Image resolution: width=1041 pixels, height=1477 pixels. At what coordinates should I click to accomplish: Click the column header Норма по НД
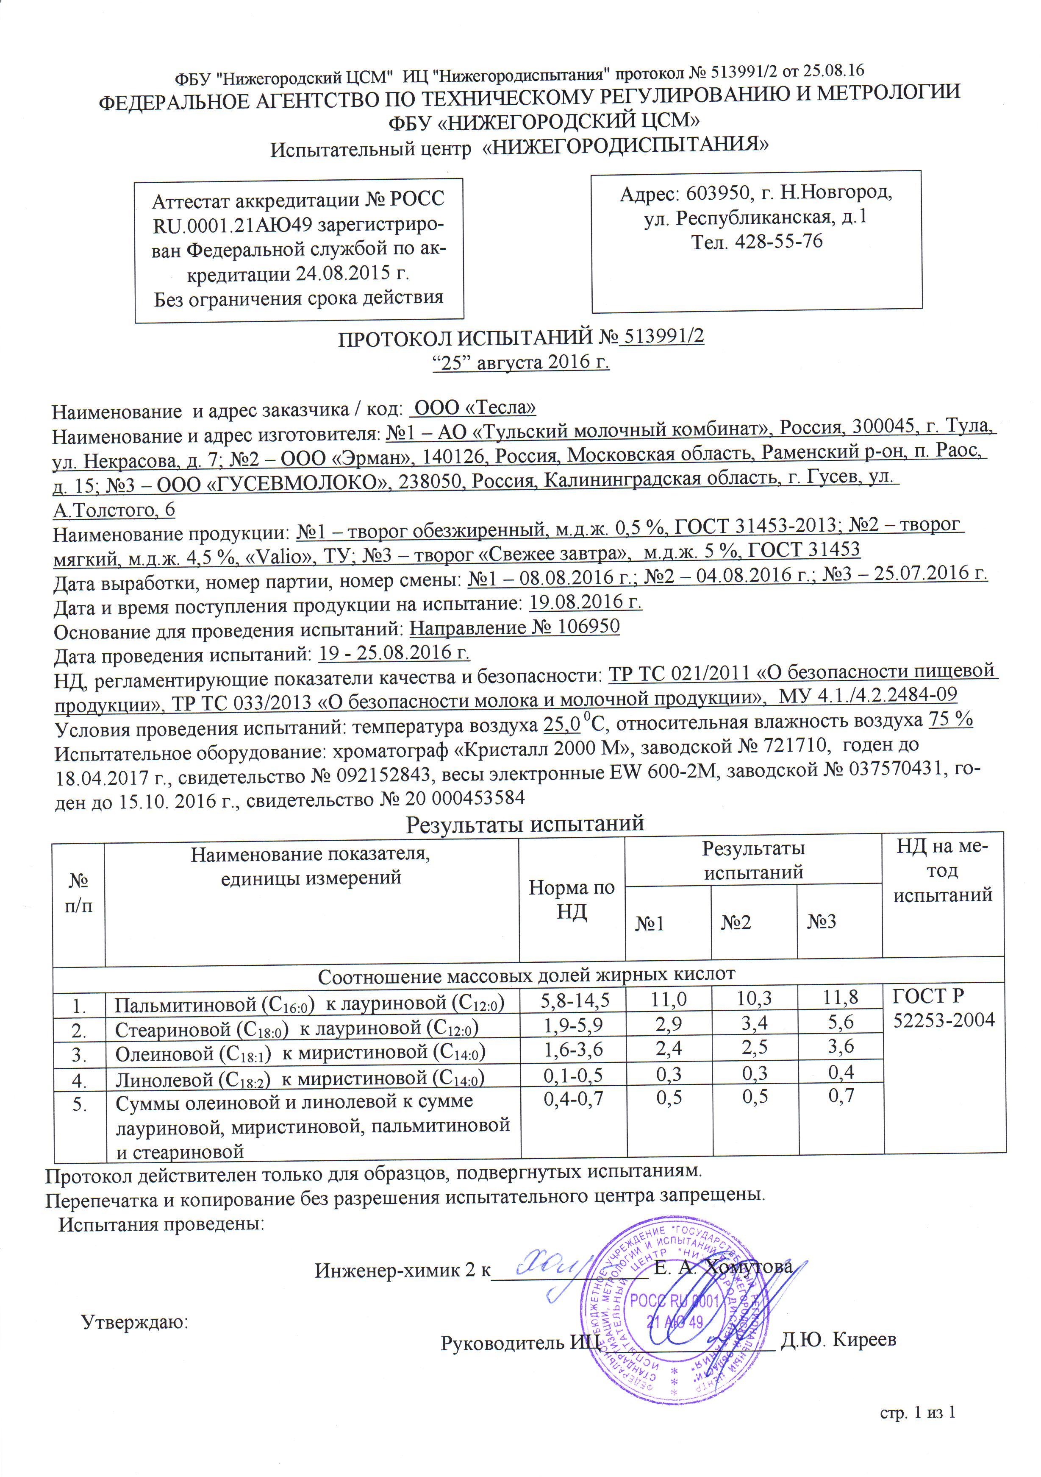[x=572, y=899]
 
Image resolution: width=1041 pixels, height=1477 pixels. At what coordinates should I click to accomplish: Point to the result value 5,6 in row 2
[x=841, y=1022]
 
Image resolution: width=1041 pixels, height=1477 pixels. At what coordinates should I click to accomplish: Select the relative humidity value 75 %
[x=950, y=720]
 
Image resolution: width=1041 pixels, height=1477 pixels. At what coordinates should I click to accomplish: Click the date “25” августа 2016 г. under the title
[x=519, y=362]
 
